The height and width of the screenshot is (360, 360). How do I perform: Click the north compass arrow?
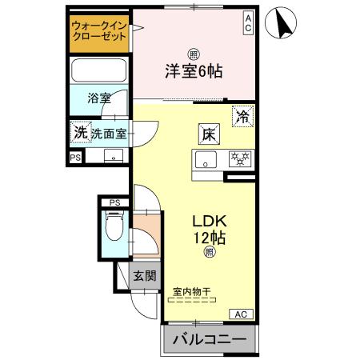click(x=282, y=22)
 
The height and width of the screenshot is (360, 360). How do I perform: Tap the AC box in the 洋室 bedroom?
click(x=248, y=22)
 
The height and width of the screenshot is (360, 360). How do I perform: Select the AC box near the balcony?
click(x=242, y=314)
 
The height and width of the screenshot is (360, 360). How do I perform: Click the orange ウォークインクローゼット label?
click(x=98, y=32)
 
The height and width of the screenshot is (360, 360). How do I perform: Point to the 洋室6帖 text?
click(x=194, y=70)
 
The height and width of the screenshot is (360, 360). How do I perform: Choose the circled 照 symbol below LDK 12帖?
click(x=209, y=252)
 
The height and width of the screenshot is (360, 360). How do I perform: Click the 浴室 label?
click(x=99, y=98)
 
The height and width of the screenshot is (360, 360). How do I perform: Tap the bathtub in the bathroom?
click(x=99, y=70)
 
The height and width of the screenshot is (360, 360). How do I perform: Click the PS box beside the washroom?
click(x=75, y=158)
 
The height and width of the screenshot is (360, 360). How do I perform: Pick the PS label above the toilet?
click(x=114, y=202)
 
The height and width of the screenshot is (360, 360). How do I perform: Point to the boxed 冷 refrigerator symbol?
click(x=242, y=115)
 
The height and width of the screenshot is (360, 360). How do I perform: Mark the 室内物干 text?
click(x=192, y=293)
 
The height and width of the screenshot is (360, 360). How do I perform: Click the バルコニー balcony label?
click(x=210, y=340)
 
